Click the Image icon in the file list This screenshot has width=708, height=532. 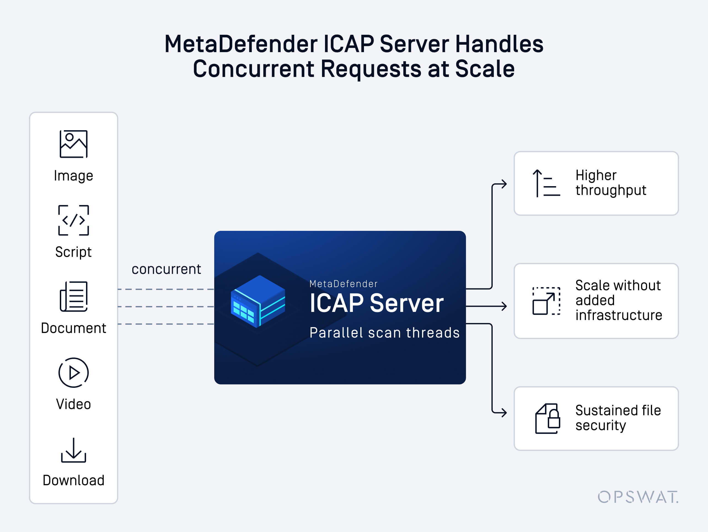click(74, 144)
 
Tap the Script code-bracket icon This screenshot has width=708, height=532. click(74, 220)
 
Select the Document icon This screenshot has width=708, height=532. click(74, 296)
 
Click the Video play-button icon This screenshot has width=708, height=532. click(74, 373)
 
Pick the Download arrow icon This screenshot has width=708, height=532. click(74, 450)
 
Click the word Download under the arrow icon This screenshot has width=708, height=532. click(74, 480)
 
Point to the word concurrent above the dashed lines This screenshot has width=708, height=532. click(166, 269)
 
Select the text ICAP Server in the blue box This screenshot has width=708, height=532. click(376, 303)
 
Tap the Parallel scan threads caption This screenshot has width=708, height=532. click(384, 333)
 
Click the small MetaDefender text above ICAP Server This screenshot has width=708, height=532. click(344, 284)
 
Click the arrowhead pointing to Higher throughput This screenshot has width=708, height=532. click(504, 184)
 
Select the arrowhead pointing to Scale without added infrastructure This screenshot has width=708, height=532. click(504, 306)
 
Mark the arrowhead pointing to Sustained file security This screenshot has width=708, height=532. click(504, 412)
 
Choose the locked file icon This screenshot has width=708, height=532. click(547, 419)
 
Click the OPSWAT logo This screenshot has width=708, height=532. click(638, 497)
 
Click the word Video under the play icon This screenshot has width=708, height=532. click(74, 404)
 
